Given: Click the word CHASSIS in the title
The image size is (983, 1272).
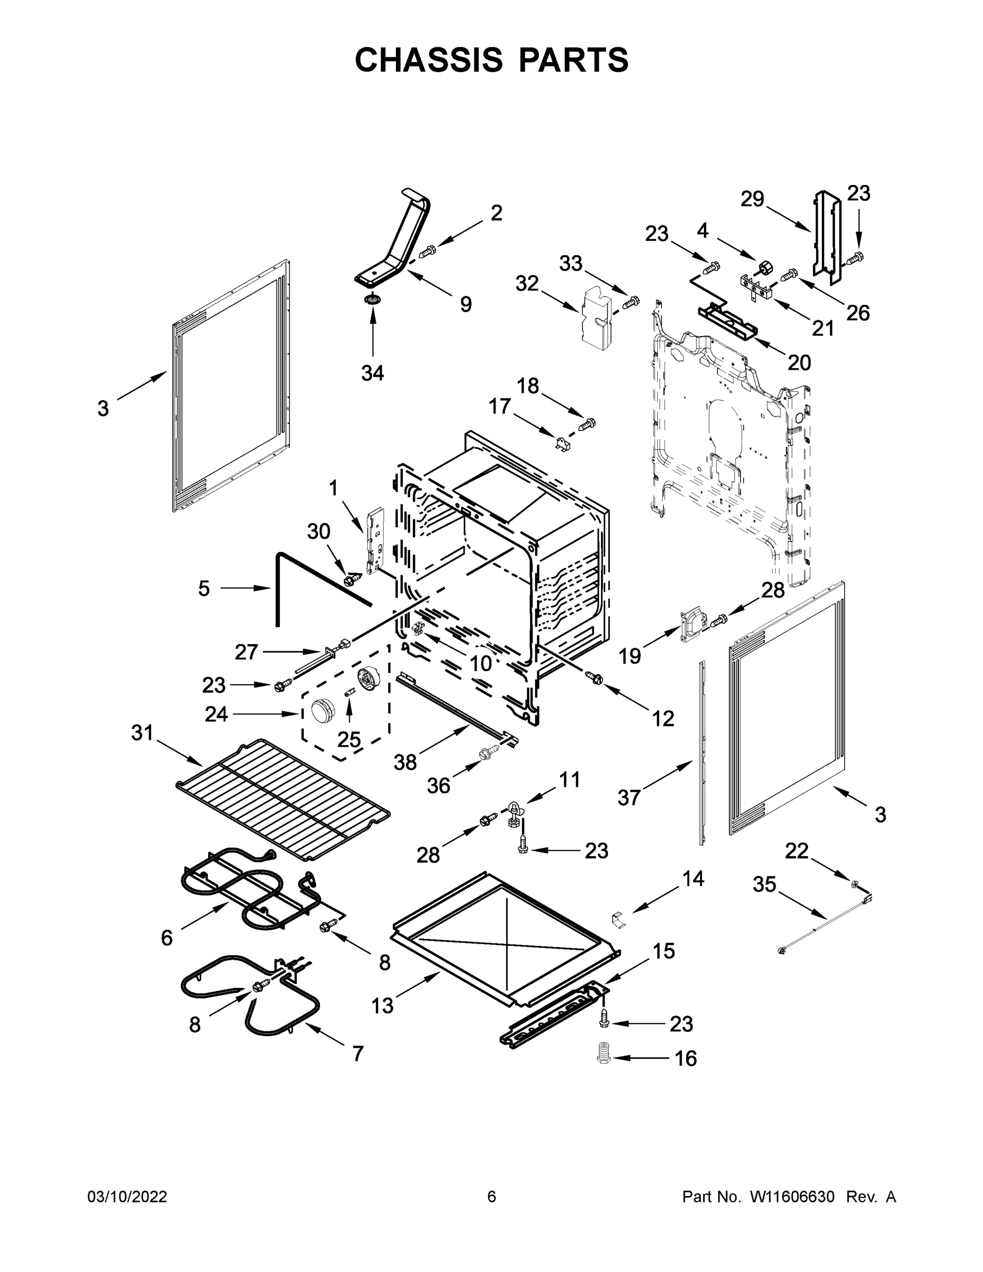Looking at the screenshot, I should [x=429, y=59].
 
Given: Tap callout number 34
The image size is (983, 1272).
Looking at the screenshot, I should [x=373, y=373].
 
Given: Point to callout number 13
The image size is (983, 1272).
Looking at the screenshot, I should [x=383, y=1005].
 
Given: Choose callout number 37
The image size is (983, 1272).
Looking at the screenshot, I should [x=629, y=797].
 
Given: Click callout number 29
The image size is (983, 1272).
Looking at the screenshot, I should [x=752, y=199].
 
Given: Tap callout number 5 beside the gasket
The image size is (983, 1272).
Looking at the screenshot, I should [x=203, y=588].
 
